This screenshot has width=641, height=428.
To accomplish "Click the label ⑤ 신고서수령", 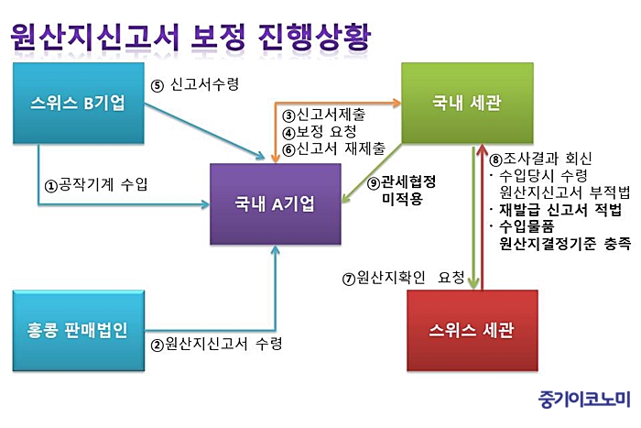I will tap(195, 85).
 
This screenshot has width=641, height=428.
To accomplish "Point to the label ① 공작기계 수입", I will tap(97, 183).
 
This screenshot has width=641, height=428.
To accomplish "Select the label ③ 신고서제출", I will tap(326, 115).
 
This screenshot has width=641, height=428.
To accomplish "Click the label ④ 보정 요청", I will tap(324, 132).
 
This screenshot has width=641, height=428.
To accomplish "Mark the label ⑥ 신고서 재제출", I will tap(332, 148).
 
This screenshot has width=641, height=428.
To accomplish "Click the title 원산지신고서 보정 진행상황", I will tap(191, 37).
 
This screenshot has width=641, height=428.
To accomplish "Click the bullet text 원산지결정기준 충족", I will tap(564, 243).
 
